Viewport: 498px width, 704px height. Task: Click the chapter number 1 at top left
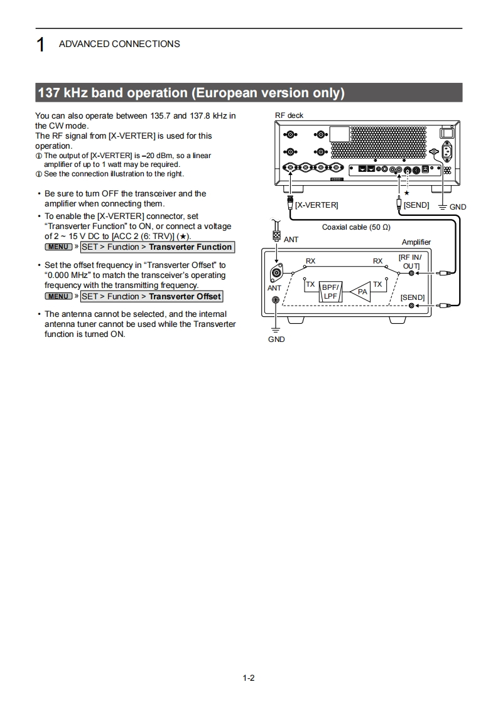click(x=40, y=45)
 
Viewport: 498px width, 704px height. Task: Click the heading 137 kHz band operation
click(x=192, y=93)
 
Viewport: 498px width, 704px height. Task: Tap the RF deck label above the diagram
click(x=289, y=116)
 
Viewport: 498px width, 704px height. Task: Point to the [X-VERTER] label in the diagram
click(x=317, y=205)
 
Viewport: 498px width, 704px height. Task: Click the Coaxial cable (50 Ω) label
click(x=356, y=227)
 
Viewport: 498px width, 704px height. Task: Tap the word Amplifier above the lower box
click(x=416, y=242)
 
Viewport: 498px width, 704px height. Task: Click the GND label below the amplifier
click(x=276, y=339)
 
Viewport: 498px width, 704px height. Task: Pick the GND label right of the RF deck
click(x=458, y=207)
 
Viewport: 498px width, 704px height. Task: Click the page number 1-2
click(x=249, y=678)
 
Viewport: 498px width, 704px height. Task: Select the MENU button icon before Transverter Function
click(x=58, y=247)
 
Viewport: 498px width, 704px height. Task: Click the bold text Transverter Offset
click(x=185, y=296)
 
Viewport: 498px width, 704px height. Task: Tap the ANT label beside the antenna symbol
click(x=291, y=239)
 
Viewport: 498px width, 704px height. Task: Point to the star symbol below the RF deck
click(x=406, y=193)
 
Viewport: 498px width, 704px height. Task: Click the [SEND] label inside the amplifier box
click(x=413, y=297)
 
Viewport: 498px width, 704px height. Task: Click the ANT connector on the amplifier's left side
click(x=276, y=273)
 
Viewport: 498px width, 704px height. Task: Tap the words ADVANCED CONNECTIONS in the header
click(x=119, y=44)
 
